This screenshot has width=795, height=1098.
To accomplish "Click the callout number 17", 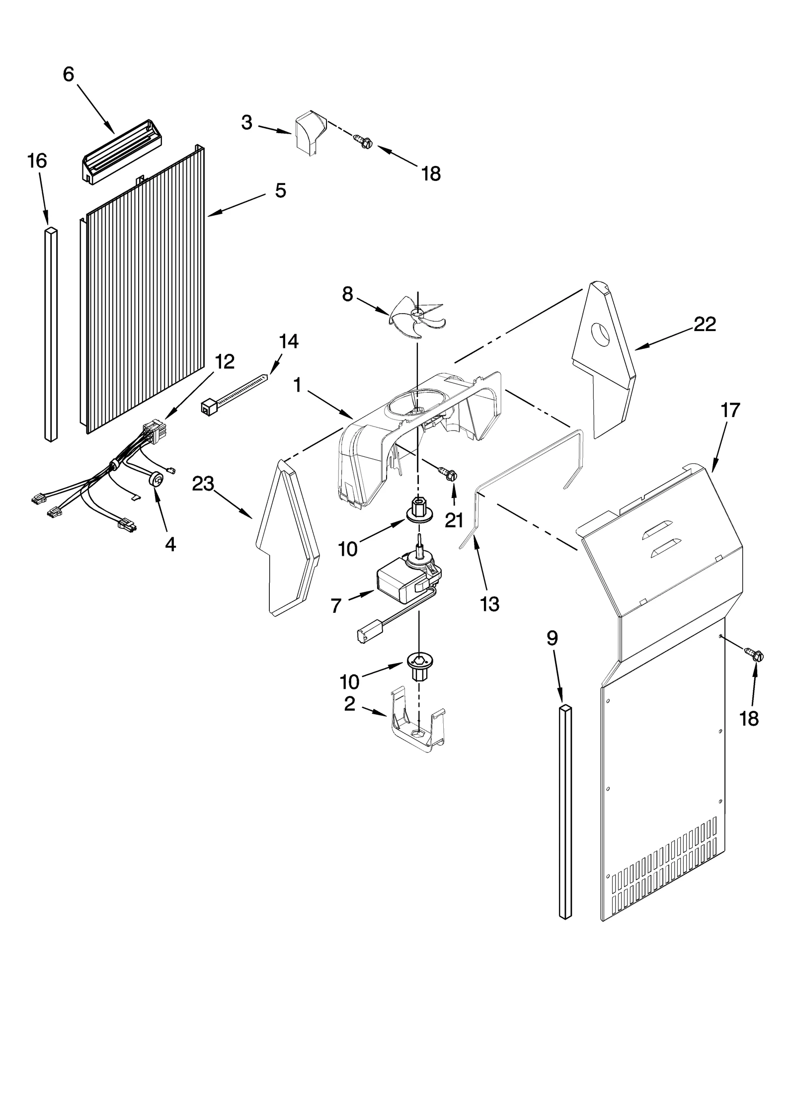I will click(x=731, y=410).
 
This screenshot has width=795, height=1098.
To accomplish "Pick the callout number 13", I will click(x=489, y=604).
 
